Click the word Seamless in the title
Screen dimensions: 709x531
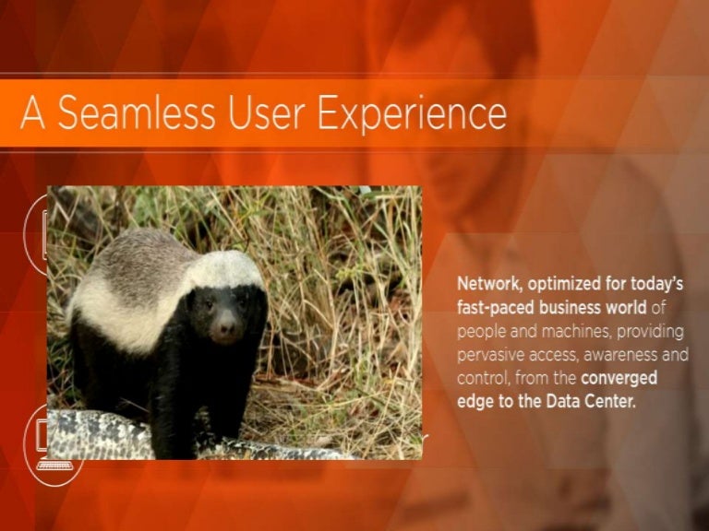coord(136,112)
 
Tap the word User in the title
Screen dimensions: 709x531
coord(265,112)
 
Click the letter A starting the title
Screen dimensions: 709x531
coord(33,112)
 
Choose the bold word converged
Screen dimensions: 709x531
coord(619,378)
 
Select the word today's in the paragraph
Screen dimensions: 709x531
coord(657,285)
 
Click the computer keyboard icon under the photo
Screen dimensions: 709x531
coord(54,466)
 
